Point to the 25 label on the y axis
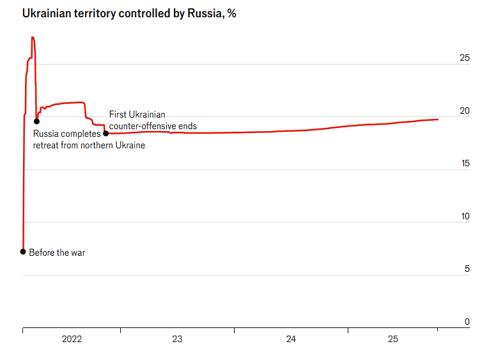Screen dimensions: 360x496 point(465,58)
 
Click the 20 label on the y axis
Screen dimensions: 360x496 point(465,111)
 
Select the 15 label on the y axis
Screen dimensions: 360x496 point(465,164)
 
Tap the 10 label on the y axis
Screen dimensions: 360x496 point(465,217)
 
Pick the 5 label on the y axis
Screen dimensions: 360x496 point(467,269)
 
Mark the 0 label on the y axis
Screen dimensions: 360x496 point(467,322)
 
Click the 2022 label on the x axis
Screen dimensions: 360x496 point(72,340)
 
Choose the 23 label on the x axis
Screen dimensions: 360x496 point(177,340)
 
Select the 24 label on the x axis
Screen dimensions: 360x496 point(291,340)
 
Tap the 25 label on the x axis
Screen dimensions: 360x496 point(393,340)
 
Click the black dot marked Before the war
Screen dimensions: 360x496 point(23,251)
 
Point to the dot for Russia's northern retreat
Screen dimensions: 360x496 point(36,121)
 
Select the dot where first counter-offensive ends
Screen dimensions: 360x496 point(105,134)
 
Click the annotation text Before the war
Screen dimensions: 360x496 point(57,253)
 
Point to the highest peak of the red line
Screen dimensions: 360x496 point(33,37)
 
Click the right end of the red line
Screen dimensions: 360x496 point(438,120)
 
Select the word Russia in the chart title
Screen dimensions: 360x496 point(203,13)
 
